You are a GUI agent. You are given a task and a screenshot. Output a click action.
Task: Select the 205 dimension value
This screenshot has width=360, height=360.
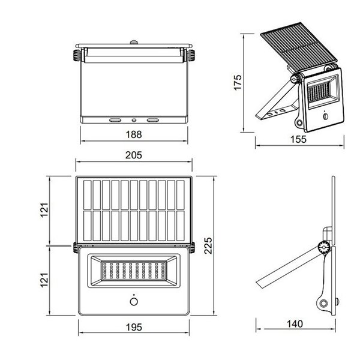(133, 155)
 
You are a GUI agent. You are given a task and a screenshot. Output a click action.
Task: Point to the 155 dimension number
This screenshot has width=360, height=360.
(298, 139)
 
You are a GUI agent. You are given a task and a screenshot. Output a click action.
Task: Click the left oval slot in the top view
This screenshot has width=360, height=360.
(113, 119)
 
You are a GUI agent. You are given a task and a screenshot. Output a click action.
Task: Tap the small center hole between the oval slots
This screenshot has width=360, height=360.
(133, 119)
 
